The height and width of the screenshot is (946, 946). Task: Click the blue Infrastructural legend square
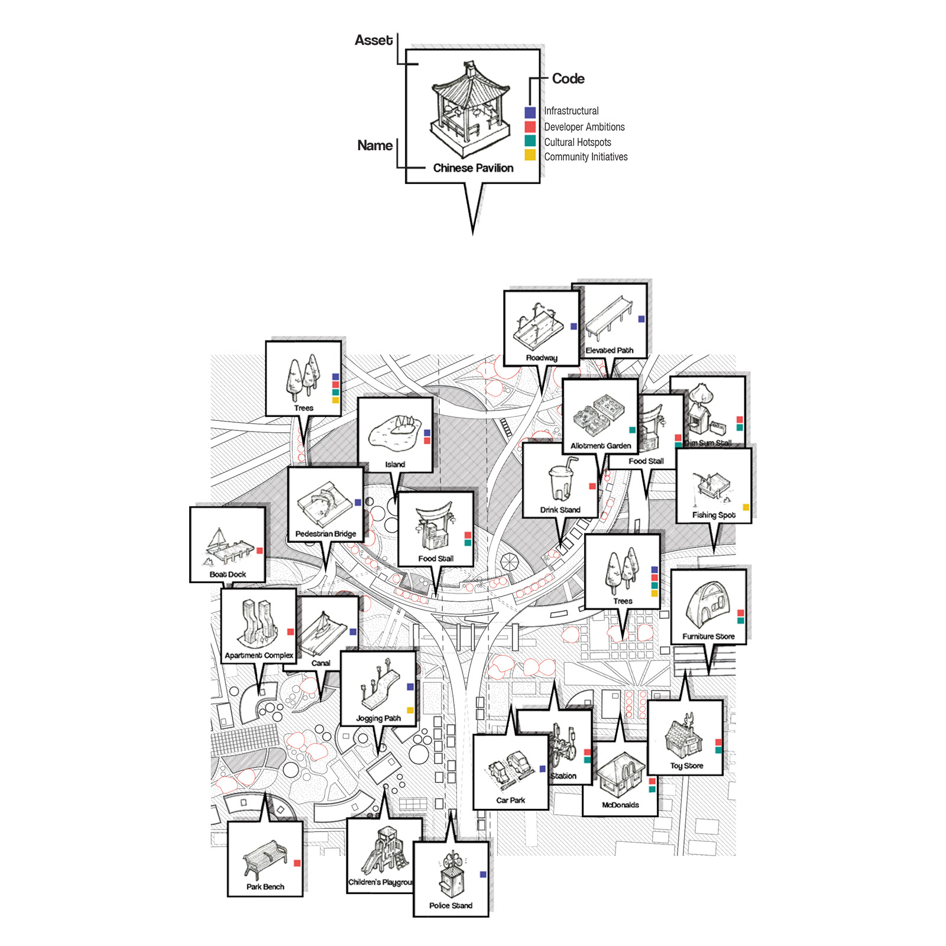click(x=530, y=112)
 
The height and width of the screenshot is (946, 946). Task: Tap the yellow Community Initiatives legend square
click(x=530, y=155)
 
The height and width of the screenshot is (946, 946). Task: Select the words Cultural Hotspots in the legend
click(x=577, y=142)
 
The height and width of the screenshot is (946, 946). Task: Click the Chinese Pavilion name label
click(x=473, y=168)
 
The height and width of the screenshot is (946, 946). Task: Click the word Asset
click(x=373, y=40)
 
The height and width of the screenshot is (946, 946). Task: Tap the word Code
click(x=568, y=79)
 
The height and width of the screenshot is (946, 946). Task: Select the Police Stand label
click(x=451, y=905)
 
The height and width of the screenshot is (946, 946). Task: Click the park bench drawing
click(x=264, y=858)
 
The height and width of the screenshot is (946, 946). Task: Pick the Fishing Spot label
click(x=714, y=515)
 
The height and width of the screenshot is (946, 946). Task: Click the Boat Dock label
click(x=228, y=574)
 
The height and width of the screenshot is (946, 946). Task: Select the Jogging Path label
click(x=378, y=718)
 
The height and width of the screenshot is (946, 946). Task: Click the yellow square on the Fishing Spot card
click(x=746, y=507)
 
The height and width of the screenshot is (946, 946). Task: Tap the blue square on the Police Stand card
click(x=483, y=874)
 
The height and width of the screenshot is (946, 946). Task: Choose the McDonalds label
click(x=620, y=805)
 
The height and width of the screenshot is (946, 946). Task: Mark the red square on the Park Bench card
click(x=297, y=863)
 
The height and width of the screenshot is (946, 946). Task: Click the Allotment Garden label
click(x=601, y=446)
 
